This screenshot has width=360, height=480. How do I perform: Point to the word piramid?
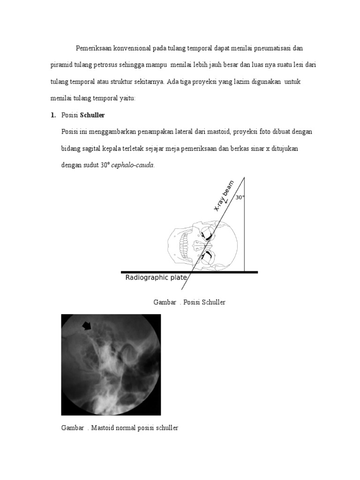[x=61, y=65]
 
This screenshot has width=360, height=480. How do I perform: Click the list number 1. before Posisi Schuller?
[x=53, y=115]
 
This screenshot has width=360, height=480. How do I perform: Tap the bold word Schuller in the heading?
[x=92, y=115]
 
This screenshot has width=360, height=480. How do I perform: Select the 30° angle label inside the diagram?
[x=240, y=197]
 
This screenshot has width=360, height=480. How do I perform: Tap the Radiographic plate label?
[x=156, y=277]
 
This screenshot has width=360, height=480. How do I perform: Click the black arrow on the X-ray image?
[x=87, y=325]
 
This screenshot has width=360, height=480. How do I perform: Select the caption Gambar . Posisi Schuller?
[x=189, y=302]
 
